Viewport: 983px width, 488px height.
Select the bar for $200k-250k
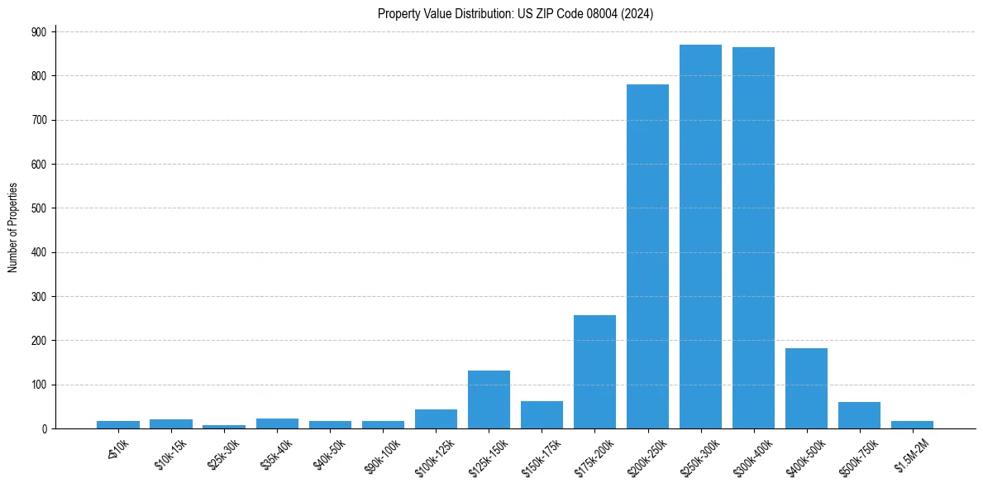tap(647, 256)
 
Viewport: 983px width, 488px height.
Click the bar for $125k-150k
tap(489, 399)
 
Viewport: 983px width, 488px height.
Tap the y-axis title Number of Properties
tap(13, 227)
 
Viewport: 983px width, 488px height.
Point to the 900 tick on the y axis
tap(40, 31)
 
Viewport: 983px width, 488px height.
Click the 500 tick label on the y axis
tap(40, 208)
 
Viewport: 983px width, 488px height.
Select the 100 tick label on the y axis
tap(40, 385)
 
